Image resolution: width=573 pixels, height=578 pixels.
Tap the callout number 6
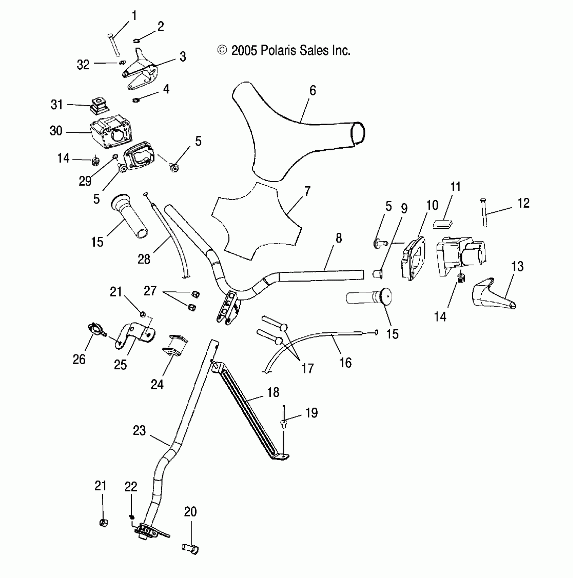coord(312,91)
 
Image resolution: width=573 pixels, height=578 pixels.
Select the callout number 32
coord(83,64)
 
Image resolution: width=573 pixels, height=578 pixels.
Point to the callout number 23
coord(139,430)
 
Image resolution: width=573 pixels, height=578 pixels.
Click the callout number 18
coord(273,392)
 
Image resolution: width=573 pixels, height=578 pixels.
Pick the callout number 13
coord(517,266)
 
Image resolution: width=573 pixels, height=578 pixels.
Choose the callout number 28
coord(144,259)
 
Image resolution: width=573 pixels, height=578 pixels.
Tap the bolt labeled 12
coord(484,213)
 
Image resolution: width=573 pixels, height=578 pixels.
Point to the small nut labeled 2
coord(136,41)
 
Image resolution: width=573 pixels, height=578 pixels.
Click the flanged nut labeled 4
coord(136,100)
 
